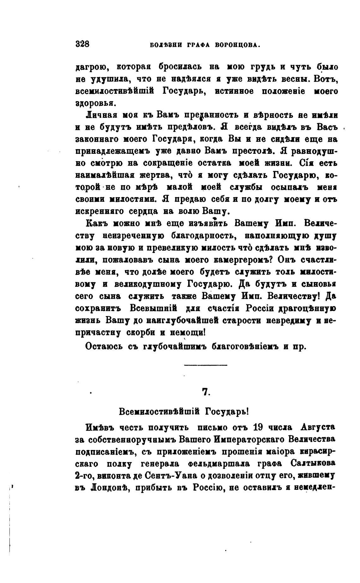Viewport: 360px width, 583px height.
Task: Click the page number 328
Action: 83,44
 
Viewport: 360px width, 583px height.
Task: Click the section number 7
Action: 206,392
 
